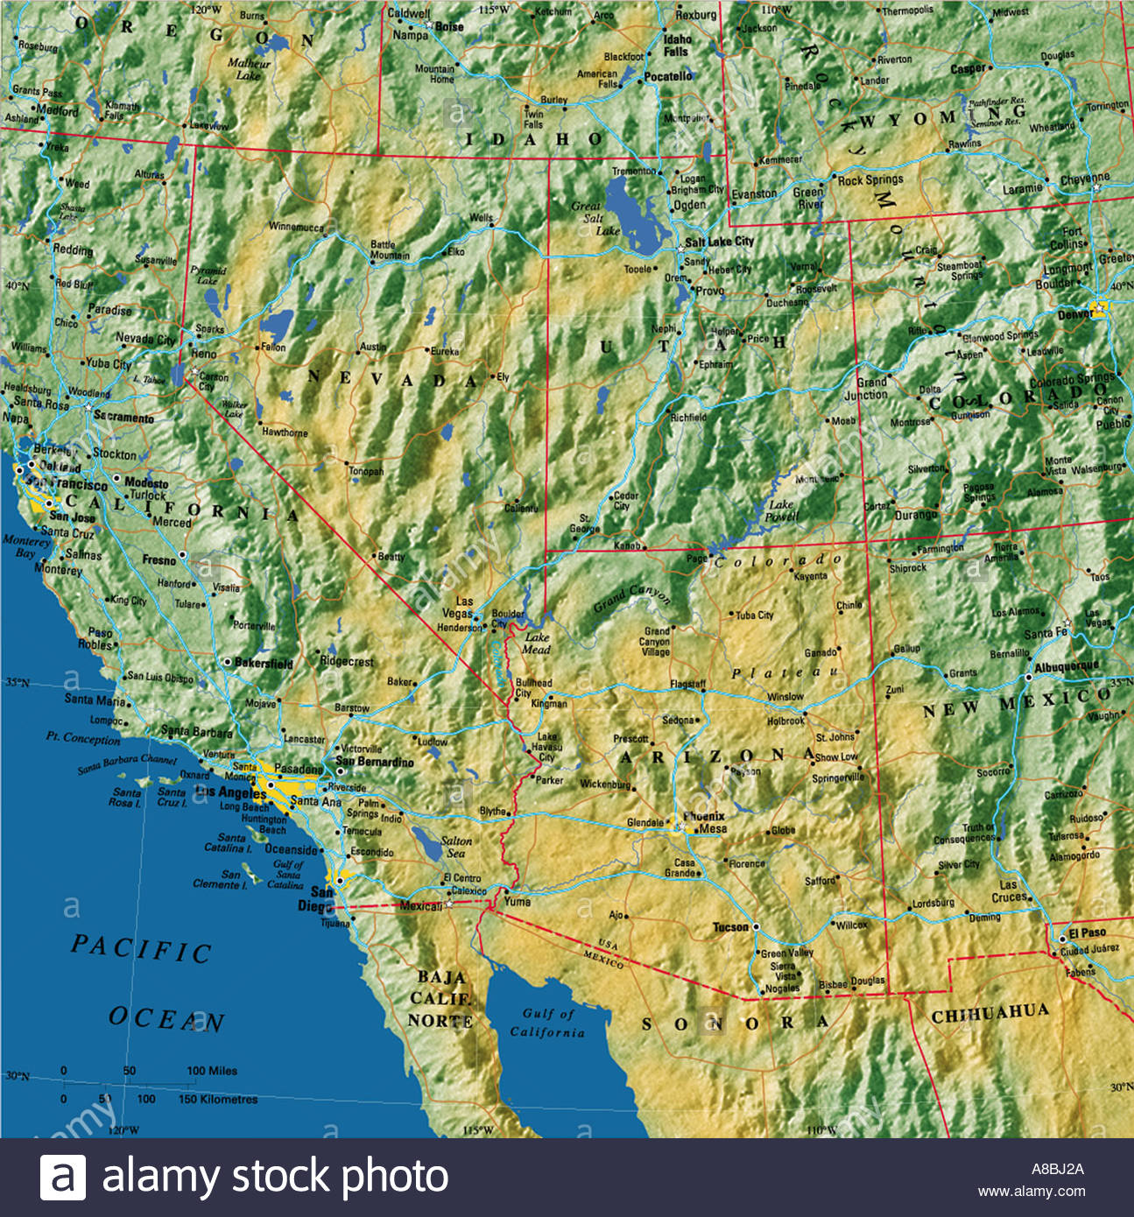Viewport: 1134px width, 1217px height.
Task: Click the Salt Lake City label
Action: click(719, 242)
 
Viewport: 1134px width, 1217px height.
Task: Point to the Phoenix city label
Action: click(704, 816)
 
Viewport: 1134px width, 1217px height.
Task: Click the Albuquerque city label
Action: click(1066, 667)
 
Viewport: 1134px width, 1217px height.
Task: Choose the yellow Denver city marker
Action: click(1098, 309)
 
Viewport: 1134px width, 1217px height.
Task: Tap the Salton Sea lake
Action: click(428, 845)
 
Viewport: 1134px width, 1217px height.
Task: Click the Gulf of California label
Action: click(547, 1023)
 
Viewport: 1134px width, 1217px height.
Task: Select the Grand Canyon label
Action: click(631, 599)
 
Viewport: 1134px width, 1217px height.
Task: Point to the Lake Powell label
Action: click(782, 510)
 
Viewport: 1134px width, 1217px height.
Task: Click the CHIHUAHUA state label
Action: click(989, 1014)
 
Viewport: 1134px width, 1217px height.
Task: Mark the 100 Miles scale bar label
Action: click(211, 1071)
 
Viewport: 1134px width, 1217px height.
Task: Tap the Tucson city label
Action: click(730, 927)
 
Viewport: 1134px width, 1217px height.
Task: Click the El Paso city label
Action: click(1087, 932)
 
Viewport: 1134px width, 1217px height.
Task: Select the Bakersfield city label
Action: click(264, 664)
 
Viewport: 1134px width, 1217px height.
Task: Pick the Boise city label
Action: click(449, 27)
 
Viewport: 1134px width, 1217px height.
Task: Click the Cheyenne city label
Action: click(1084, 179)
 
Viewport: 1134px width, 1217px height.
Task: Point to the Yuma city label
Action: click(517, 901)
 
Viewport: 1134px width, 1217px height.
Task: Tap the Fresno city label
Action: click(159, 559)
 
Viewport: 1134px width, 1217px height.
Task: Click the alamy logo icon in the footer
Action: click(63, 1177)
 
